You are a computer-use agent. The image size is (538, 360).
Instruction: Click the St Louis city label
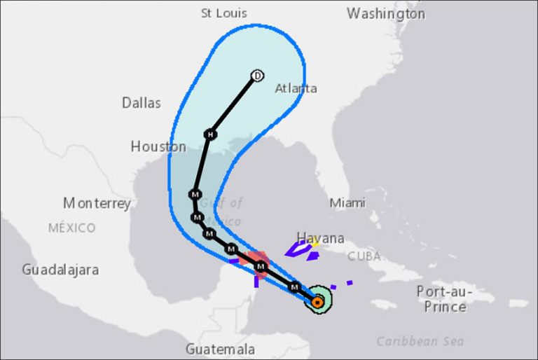[223, 13]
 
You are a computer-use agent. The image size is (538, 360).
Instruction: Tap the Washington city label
[385, 13]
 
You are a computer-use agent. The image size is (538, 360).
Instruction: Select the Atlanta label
[296, 88]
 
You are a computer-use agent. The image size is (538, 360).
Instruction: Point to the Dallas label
[142, 103]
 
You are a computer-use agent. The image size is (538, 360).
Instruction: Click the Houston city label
[158, 146]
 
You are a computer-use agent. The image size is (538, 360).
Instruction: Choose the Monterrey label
[97, 203]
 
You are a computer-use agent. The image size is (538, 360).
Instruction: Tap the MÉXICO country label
[71, 228]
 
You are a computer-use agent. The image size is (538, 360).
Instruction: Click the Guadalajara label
[60, 269]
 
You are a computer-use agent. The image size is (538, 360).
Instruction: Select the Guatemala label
[220, 349]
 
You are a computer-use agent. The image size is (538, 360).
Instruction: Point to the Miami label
[347, 202]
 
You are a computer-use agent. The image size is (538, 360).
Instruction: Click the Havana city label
[320, 237]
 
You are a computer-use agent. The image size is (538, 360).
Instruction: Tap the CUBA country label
[364, 255]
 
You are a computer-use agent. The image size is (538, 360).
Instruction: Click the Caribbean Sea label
[420, 341]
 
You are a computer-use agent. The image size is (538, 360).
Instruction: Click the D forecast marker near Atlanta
[257, 76]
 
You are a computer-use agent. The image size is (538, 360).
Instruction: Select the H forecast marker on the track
[210, 134]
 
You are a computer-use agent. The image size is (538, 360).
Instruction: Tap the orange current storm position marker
[317, 302]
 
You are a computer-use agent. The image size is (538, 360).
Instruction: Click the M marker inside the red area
[261, 266]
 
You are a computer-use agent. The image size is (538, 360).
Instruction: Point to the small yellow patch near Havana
[315, 243]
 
